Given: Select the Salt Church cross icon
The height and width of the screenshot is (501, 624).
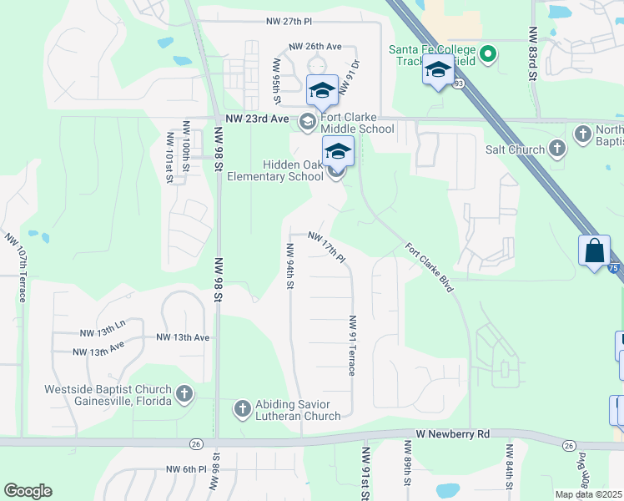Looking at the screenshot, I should [559, 149].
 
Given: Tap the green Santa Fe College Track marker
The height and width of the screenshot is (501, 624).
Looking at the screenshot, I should [490, 57].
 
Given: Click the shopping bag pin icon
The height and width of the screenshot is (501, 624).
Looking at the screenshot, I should [593, 250].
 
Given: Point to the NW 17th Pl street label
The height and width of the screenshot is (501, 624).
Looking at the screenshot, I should [326, 247].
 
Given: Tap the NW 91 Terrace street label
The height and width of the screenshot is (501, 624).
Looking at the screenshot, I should [354, 345].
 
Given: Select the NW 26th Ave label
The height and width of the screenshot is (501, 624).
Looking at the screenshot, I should [315, 47].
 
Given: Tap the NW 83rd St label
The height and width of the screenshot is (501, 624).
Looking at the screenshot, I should [531, 52].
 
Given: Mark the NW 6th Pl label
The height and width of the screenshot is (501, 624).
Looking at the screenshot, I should [187, 469].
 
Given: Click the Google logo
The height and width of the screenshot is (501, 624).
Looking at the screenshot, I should [28, 491].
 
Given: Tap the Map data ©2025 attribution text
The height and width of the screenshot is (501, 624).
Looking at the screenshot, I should [588, 494].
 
